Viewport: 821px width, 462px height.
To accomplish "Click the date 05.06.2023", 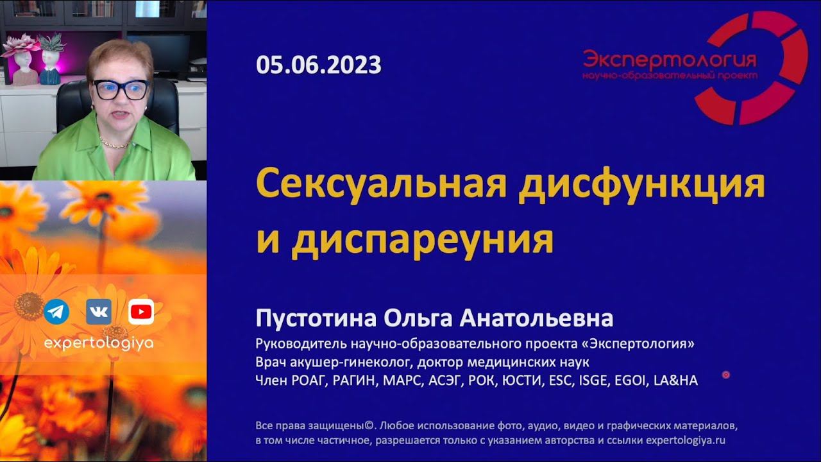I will click(318, 65).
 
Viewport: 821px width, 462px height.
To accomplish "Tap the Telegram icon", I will click(57, 312).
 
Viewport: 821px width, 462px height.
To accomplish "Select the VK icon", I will click(99, 312).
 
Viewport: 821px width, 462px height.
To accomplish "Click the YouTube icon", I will click(141, 312).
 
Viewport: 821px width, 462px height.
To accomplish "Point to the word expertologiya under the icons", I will click(98, 343).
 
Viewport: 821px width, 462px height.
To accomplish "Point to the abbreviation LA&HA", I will click(675, 381).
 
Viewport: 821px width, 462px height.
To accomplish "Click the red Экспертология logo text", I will click(670, 60).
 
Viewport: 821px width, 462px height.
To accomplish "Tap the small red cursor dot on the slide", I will click(726, 375).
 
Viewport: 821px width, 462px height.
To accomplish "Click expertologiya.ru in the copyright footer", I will click(685, 441).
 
